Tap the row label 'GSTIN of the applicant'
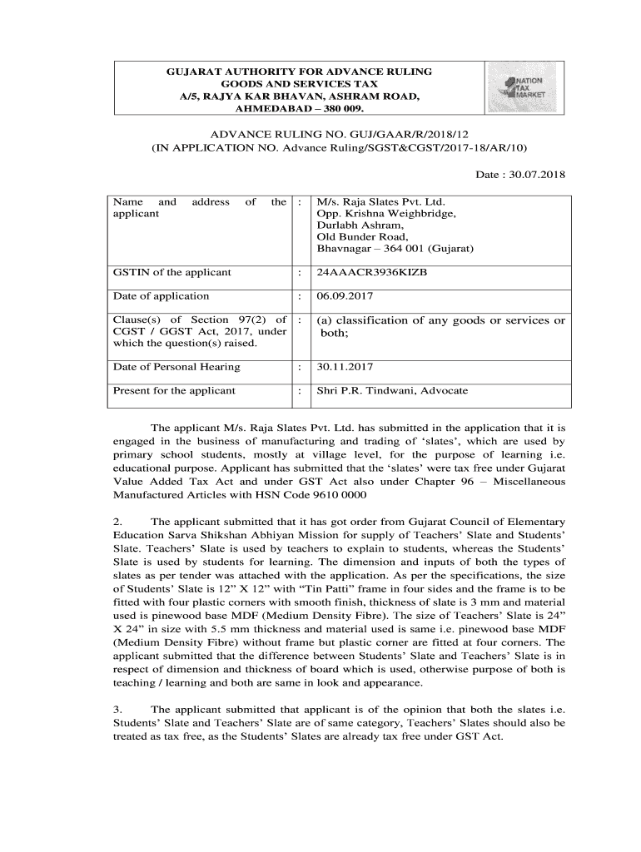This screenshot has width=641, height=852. tap(172, 272)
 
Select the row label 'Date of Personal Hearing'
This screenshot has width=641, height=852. tap(176, 366)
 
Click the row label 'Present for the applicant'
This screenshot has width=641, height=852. tap(174, 390)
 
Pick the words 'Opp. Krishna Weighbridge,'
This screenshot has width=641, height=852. tap(385, 214)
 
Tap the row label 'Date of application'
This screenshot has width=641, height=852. tap(161, 295)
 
